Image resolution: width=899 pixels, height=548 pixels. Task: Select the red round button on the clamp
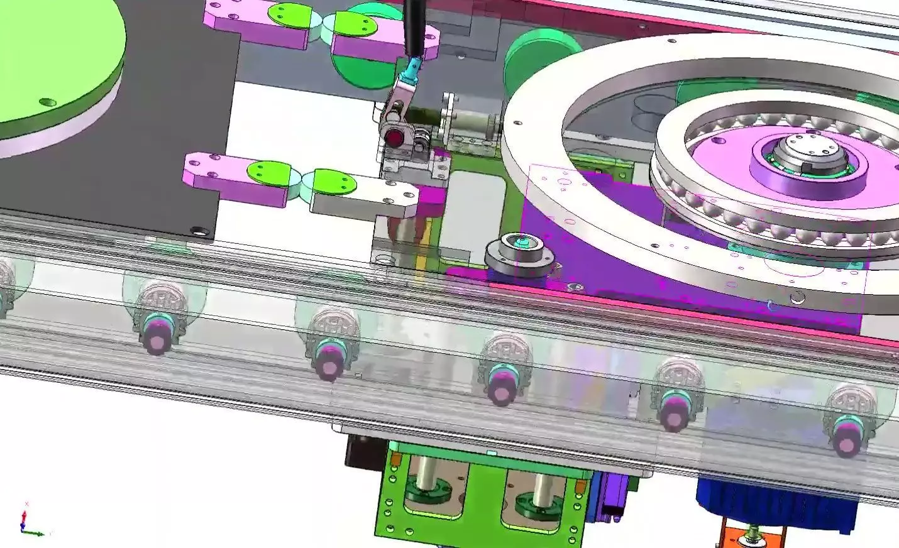coord(394,136)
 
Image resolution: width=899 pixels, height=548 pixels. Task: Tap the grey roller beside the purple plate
coord(519,255)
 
